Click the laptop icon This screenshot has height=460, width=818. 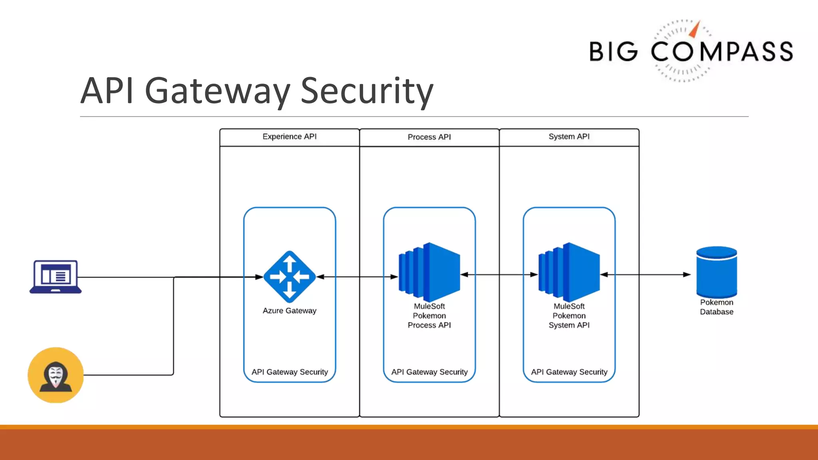pyautogui.click(x=56, y=277)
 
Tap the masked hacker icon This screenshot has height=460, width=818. pyautogui.click(x=56, y=375)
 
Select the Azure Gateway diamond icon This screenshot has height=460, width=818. pyautogui.click(x=290, y=276)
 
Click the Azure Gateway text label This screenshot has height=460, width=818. pyautogui.click(x=290, y=311)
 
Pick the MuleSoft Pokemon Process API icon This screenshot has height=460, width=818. pyautogui.click(x=429, y=272)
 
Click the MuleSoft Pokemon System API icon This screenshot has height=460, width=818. pyautogui.click(x=569, y=272)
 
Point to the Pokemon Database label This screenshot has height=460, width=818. pyautogui.click(x=717, y=307)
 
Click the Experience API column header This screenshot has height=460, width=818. pyautogui.click(x=290, y=137)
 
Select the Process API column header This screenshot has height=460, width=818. pyautogui.click(x=429, y=137)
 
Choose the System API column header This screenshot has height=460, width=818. pyautogui.click(x=569, y=137)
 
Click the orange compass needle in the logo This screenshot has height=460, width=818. pyautogui.click(x=695, y=30)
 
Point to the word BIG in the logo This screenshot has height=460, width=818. pyautogui.click(x=613, y=52)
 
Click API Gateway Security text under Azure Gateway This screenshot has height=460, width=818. pyautogui.click(x=290, y=372)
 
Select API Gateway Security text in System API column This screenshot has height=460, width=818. pyautogui.click(x=569, y=372)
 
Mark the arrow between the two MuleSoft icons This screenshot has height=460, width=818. pyautogui.click(x=499, y=274)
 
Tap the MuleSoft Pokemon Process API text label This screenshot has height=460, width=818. pyautogui.click(x=429, y=315)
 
